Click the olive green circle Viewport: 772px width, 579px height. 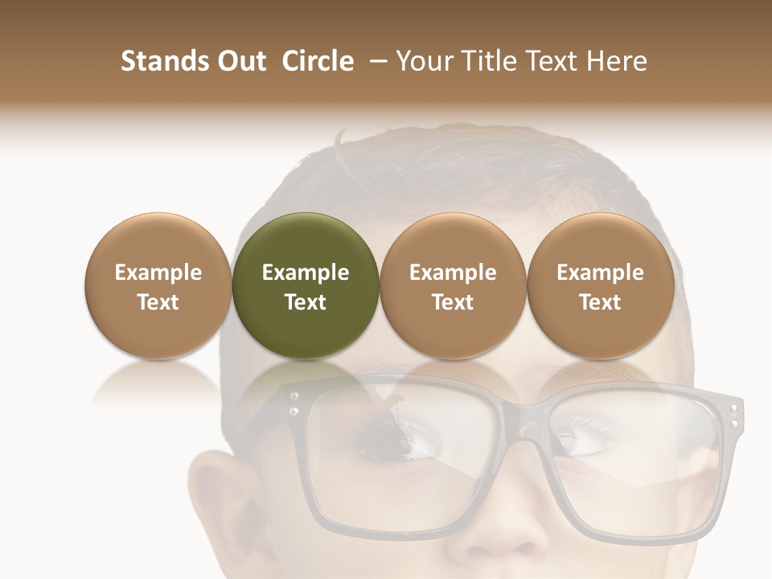pos(306,285)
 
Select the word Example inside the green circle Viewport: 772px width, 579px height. pos(306,273)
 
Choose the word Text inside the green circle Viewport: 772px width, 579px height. pos(306,302)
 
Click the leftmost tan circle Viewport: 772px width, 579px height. pos(158,285)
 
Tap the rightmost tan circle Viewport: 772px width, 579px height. pos(600,285)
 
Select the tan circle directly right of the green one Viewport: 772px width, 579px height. pos(453,285)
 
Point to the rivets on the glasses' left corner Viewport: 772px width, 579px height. pos(294,404)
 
